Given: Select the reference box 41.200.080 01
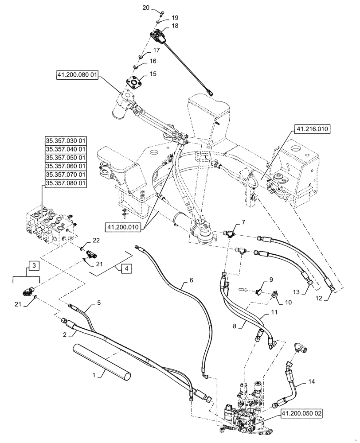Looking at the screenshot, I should pos(77,75).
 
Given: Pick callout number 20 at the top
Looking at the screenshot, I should pos(146,8).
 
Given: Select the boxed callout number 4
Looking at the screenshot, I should pos(126,268).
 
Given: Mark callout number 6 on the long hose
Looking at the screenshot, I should pos(192,280).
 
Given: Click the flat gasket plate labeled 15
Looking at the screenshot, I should pos(134,85).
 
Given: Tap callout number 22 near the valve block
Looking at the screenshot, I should pos(96,240).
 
